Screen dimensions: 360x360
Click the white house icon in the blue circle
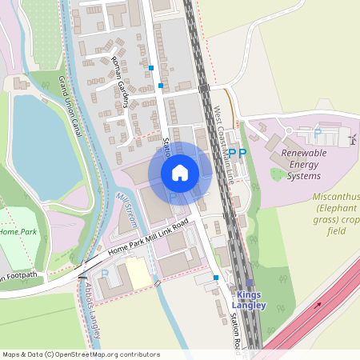pyautogui.click(x=180, y=173)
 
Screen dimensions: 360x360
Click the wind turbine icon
pyautogui.click(x=351, y=139)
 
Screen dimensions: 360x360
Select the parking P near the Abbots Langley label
pyautogui.click(x=105, y=274)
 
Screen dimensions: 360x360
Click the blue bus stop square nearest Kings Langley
pyautogui.click(x=216, y=278)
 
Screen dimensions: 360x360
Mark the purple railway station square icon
pyautogui.click(x=249, y=282)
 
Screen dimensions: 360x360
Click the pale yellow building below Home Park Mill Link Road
pyautogui.click(x=138, y=274)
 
